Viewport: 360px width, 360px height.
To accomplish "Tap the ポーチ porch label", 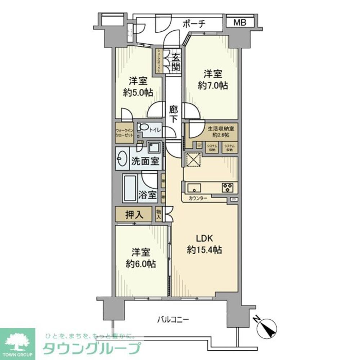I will pos(194,24).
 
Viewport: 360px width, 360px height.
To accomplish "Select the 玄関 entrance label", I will pos(176,62).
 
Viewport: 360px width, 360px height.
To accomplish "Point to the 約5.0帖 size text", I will pos(138,92).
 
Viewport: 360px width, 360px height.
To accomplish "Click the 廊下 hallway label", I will pos(173,114).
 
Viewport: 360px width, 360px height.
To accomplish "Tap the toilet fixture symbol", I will pos(145,129).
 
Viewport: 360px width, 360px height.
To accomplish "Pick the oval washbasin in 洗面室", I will pos(121,158).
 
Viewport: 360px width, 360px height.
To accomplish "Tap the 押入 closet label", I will pos(134,215).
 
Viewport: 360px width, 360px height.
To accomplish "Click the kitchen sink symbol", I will pos(194,187).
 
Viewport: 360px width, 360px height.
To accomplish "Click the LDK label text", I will pos(204,238).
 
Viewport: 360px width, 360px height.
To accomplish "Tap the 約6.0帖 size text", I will pos(141,264).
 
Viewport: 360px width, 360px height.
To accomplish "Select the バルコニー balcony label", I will pos(173,319).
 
